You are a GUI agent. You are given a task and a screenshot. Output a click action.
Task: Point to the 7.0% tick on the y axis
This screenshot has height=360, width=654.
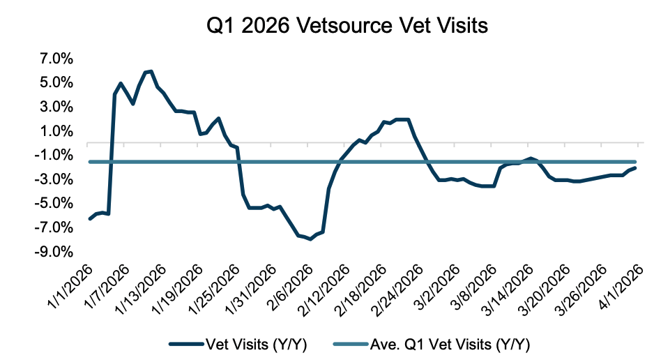click(54, 59)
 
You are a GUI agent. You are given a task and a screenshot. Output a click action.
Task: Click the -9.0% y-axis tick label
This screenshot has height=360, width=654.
click(52, 251)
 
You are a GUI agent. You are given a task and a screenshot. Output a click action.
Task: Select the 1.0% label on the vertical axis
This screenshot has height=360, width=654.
click(54, 131)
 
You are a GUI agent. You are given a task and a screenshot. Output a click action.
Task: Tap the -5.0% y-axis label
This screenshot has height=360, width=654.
click(52, 203)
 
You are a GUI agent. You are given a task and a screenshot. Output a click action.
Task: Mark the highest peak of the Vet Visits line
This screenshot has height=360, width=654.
click(151, 71)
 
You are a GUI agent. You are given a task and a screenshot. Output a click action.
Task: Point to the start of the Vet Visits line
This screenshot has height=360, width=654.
click(89, 219)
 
